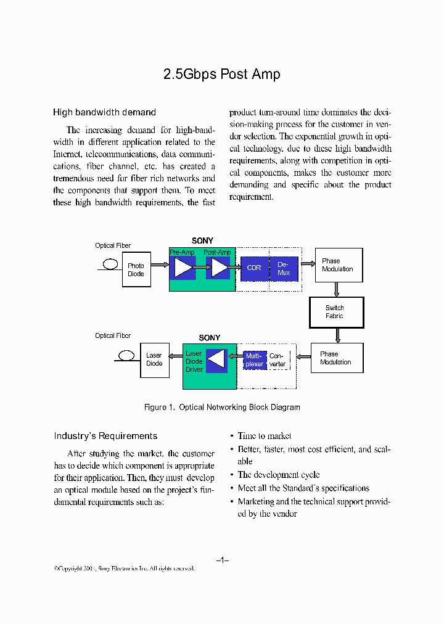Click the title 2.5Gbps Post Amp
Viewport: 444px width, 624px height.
(x=221, y=75)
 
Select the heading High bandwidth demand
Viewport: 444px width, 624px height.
(x=104, y=112)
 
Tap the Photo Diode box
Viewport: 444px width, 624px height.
(x=136, y=269)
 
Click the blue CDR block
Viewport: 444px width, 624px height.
(x=254, y=268)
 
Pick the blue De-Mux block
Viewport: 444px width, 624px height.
(x=284, y=269)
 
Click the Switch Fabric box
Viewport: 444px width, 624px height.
(x=336, y=312)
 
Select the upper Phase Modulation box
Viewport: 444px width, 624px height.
(x=338, y=265)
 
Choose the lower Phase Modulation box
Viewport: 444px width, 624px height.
(x=337, y=358)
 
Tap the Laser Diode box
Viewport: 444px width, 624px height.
(x=154, y=359)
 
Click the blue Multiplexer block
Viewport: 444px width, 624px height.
(x=254, y=360)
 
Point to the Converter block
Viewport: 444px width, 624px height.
(x=277, y=360)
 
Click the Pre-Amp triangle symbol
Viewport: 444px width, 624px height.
(x=183, y=268)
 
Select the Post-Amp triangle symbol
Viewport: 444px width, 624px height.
(x=220, y=268)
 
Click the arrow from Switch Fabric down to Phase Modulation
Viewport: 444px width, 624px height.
(x=337, y=335)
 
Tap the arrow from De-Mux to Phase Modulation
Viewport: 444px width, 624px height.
(x=307, y=265)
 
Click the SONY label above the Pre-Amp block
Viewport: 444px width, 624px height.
(x=202, y=241)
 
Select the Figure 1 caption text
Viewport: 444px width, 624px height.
(x=222, y=408)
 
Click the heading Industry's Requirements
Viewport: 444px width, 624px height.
(x=105, y=436)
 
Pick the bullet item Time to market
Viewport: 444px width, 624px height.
(x=264, y=436)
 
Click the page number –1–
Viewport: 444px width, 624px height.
(x=223, y=560)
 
